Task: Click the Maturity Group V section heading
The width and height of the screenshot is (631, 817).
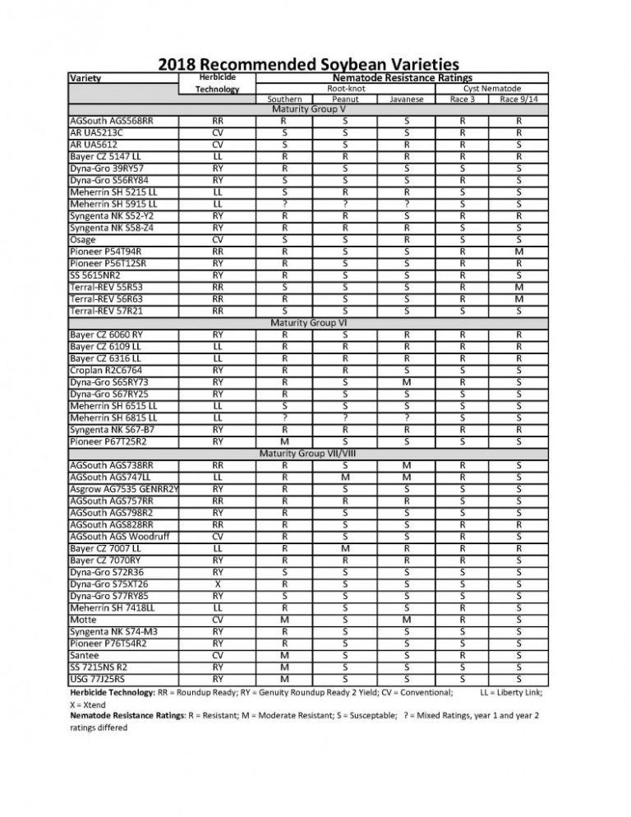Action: click(x=307, y=108)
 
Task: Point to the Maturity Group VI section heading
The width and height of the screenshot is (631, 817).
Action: click(x=307, y=323)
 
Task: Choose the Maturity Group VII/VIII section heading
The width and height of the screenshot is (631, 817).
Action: click(x=307, y=453)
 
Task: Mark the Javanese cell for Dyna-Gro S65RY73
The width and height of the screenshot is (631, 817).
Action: click(x=407, y=382)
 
